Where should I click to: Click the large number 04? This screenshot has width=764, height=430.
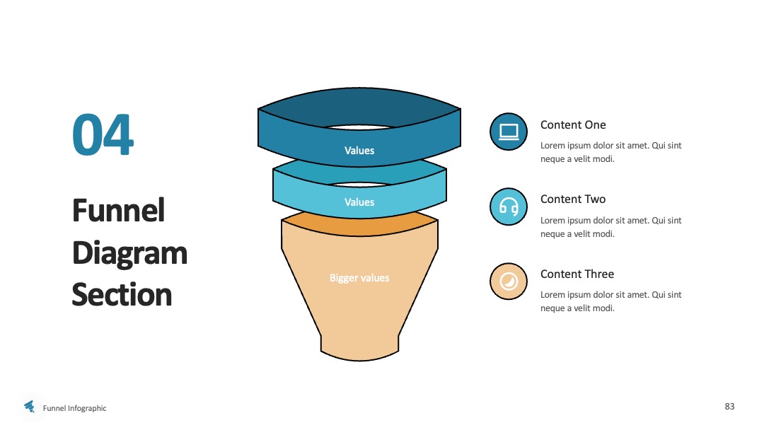(103, 134)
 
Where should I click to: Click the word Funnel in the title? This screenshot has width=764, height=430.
(118, 210)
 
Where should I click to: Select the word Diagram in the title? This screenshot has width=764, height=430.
(129, 254)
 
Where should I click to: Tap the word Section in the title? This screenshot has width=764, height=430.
(122, 295)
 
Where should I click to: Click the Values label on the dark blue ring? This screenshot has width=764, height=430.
(359, 151)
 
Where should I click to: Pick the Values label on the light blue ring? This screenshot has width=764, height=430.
(359, 202)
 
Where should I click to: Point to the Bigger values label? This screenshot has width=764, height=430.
(359, 278)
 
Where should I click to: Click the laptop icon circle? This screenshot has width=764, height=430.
(508, 132)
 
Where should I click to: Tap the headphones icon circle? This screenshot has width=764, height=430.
(508, 207)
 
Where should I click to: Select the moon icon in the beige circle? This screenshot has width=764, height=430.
(508, 281)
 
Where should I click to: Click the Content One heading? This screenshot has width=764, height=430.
(573, 124)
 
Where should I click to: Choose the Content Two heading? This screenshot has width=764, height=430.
(573, 199)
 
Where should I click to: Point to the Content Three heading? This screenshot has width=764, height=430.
(577, 274)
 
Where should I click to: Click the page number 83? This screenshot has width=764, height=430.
(729, 406)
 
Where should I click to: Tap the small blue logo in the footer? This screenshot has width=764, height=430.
(30, 406)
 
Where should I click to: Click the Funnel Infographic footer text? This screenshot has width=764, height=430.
(74, 408)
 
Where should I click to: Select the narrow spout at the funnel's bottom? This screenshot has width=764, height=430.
(359, 348)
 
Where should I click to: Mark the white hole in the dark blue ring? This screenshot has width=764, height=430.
(359, 127)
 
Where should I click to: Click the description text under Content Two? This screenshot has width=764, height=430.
(610, 227)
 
